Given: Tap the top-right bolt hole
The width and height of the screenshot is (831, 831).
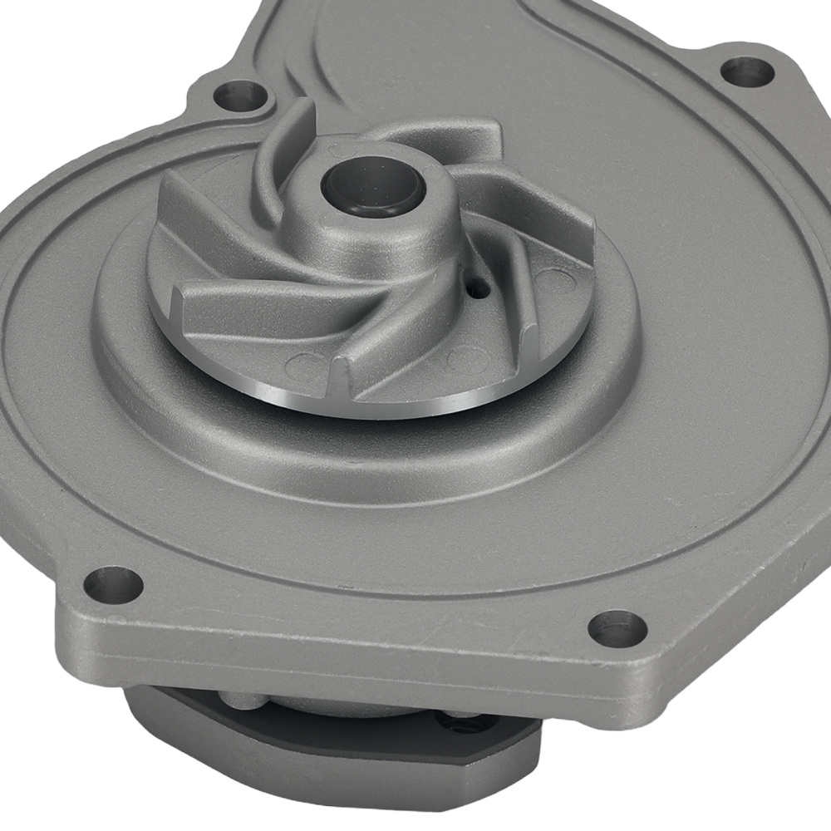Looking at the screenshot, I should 746,71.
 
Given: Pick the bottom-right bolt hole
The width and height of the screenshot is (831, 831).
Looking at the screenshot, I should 617,627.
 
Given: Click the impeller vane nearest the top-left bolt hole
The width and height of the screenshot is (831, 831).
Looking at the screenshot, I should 287,150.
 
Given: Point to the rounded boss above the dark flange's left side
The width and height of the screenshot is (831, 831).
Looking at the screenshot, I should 241,698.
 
